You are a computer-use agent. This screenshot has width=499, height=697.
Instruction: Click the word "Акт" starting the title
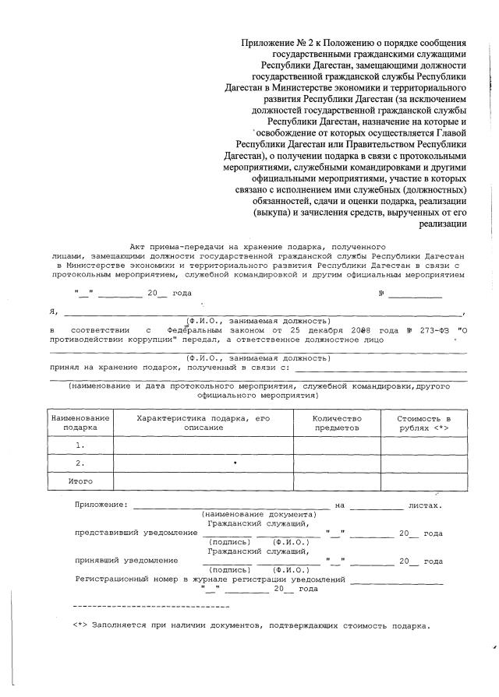pyautogui.click(x=137, y=246)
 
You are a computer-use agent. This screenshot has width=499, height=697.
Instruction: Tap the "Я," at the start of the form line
pyautogui.click(x=53, y=312)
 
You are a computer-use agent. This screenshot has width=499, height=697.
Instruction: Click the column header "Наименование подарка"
pyautogui.click(x=80, y=423)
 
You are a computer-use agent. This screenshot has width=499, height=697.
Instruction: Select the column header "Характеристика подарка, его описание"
pyautogui.click(x=203, y=423)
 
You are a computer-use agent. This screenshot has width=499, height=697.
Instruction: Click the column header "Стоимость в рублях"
pyautogui.click(x=424, y=423)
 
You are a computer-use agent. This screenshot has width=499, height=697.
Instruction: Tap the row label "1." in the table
pyautogui.click(x=80, y=445)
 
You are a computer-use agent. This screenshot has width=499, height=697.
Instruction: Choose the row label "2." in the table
pyautogui.click(x=80, y=463)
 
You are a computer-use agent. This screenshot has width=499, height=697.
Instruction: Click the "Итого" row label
pyautogui.click(x=80, y=482)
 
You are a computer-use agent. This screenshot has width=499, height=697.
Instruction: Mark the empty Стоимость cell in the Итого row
pyautogui.click(x=424, y=482)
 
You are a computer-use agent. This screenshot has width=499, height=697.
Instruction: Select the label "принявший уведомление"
pyautogui.click(x=126, y=561)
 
